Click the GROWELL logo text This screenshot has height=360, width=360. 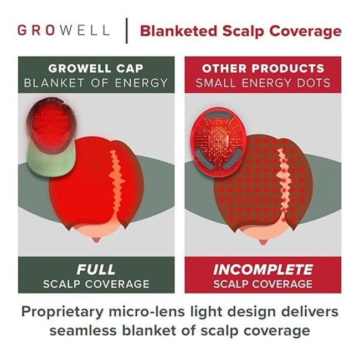[63, 30]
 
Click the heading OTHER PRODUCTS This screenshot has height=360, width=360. [263, 69]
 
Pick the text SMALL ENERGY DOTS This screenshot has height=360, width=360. [263, 84]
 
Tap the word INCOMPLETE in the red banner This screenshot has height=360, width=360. [263, 270]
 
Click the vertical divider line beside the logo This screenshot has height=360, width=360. [127, 30]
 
